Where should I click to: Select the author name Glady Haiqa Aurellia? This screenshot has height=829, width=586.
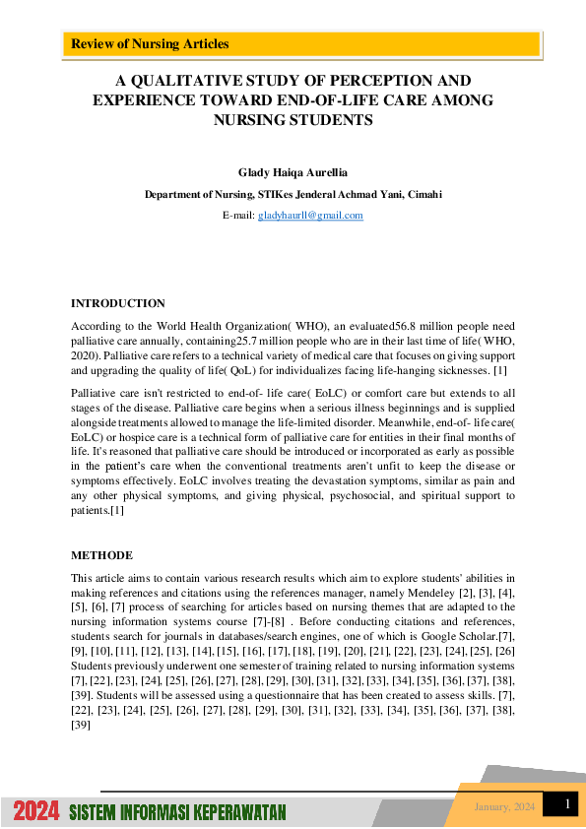[x=293, y=172]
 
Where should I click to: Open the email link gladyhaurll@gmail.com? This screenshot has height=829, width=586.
[x=310, y=216]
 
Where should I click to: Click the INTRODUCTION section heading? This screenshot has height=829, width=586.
[x=118, y=303]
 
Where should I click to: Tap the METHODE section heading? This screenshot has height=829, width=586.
[x=101, y=556]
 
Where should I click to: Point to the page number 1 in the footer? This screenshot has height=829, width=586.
[x=567, y=805]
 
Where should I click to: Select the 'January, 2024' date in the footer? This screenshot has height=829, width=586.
[x=504, y=807]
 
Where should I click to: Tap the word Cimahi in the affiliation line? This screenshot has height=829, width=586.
[x=425, y=195]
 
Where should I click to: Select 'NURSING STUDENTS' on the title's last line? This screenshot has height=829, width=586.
[x=293, y=120]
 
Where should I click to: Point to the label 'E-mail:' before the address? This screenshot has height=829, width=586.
[x=238, y=216]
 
